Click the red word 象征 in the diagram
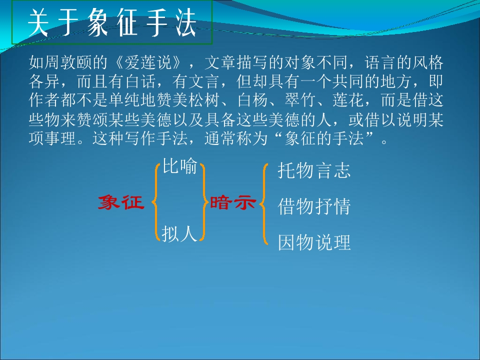point(120,202)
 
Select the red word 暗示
point(232,202)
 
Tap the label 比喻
point(179,167)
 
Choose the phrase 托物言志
point(314,171)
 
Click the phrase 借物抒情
point(314,206)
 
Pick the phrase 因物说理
point(314,242)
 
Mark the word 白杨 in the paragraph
point(256,101)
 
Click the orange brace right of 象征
point(154,202)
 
